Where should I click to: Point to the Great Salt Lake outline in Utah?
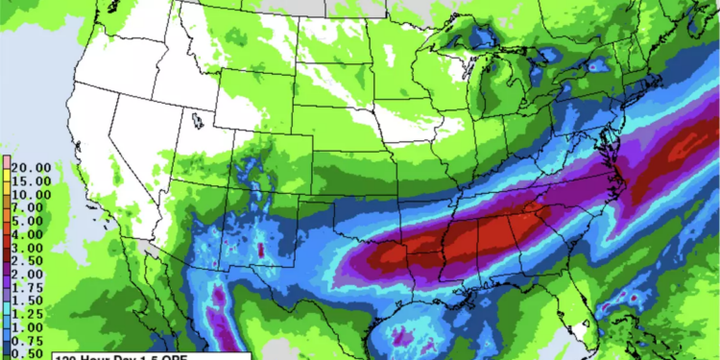[198, 122]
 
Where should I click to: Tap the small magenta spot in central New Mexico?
[261, 250]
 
